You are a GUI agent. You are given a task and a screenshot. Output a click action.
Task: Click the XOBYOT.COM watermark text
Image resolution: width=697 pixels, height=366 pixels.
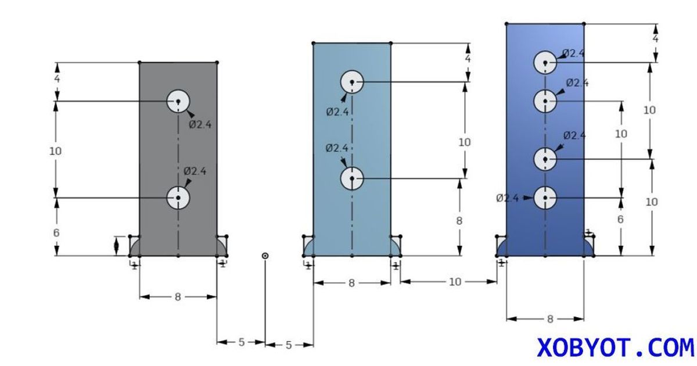click(615, 347)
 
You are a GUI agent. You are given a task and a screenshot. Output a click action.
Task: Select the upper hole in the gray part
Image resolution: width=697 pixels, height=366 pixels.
click(178, 102)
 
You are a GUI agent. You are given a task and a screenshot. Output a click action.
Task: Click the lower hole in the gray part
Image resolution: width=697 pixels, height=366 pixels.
click(178, 198)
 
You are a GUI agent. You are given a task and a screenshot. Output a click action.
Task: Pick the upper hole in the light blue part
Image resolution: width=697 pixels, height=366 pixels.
click(352, 82)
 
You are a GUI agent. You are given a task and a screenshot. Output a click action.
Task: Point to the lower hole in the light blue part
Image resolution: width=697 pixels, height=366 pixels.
click(352, 178)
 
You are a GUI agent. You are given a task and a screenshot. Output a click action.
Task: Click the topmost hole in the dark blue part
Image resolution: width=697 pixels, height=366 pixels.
click(545, 62)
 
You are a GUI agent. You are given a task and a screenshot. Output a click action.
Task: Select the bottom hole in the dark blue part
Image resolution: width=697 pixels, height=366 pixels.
click(545, 198)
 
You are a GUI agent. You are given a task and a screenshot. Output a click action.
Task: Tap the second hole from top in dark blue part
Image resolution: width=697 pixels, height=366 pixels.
click(545, 101)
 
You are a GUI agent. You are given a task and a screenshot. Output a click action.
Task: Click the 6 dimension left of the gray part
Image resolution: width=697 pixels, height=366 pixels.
click(57, 232)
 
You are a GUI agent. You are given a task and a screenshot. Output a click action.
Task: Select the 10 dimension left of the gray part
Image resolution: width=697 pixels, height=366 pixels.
click(56, 151)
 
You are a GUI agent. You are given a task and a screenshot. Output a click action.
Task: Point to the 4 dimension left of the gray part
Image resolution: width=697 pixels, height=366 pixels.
click(57, 78)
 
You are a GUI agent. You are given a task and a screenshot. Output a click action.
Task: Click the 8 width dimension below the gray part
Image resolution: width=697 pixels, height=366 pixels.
click(178, 297)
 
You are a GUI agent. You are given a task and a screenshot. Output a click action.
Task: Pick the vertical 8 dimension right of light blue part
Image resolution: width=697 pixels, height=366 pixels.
click(459, 221)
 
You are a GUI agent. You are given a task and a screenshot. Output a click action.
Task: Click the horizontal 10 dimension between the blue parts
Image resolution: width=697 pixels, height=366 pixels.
click(455, 282)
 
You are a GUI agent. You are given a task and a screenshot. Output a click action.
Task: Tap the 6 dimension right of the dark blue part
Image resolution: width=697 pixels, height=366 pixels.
click(620, 220)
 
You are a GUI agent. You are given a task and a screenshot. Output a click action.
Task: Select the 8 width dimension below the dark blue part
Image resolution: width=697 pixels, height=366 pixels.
click(549, 319)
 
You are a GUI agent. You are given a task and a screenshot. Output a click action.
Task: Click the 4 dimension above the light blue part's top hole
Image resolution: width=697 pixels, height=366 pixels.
click(468, 59)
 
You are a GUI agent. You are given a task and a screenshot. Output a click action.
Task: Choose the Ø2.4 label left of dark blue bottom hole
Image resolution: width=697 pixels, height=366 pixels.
click(507, 198)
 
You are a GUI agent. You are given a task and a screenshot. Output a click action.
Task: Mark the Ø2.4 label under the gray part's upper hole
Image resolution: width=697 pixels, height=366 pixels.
click(200, 124)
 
